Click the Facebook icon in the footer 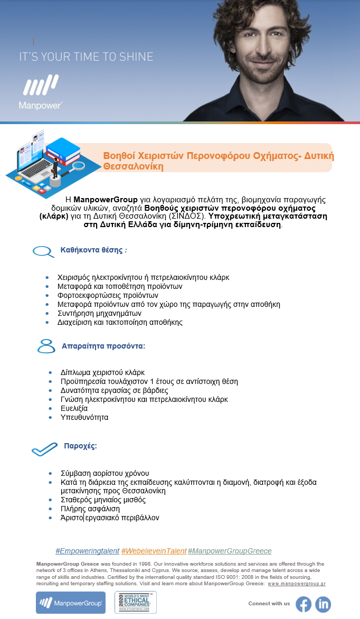click(304, 604)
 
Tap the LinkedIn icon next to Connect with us click(323, 604)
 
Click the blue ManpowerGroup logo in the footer click(71, 603)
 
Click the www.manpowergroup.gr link click(297, 584)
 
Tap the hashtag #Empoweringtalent click(87, 551)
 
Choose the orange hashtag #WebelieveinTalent click(154, 551)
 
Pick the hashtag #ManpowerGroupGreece click(230, 551)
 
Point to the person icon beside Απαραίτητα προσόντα click(46, 346)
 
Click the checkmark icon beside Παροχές click(44, 449)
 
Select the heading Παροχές click(80, 445)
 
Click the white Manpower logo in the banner click(40, 92)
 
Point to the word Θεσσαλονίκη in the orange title click(134, 166)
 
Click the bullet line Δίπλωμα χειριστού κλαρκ click(103, 372)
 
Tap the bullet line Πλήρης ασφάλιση click(91, 509)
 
